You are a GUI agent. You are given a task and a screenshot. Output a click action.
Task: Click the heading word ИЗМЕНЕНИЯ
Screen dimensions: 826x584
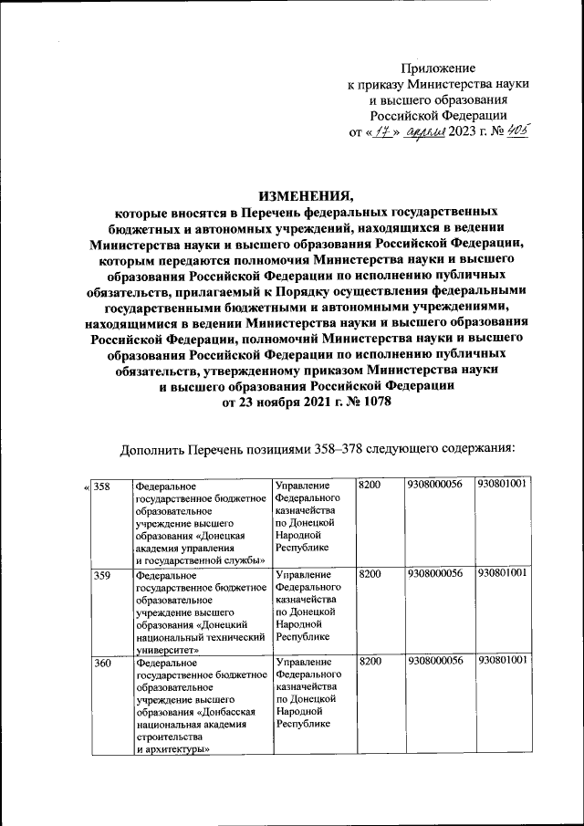tap(306, 194)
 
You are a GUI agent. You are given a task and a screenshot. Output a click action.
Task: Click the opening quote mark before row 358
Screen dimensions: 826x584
tap(86, 486)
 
